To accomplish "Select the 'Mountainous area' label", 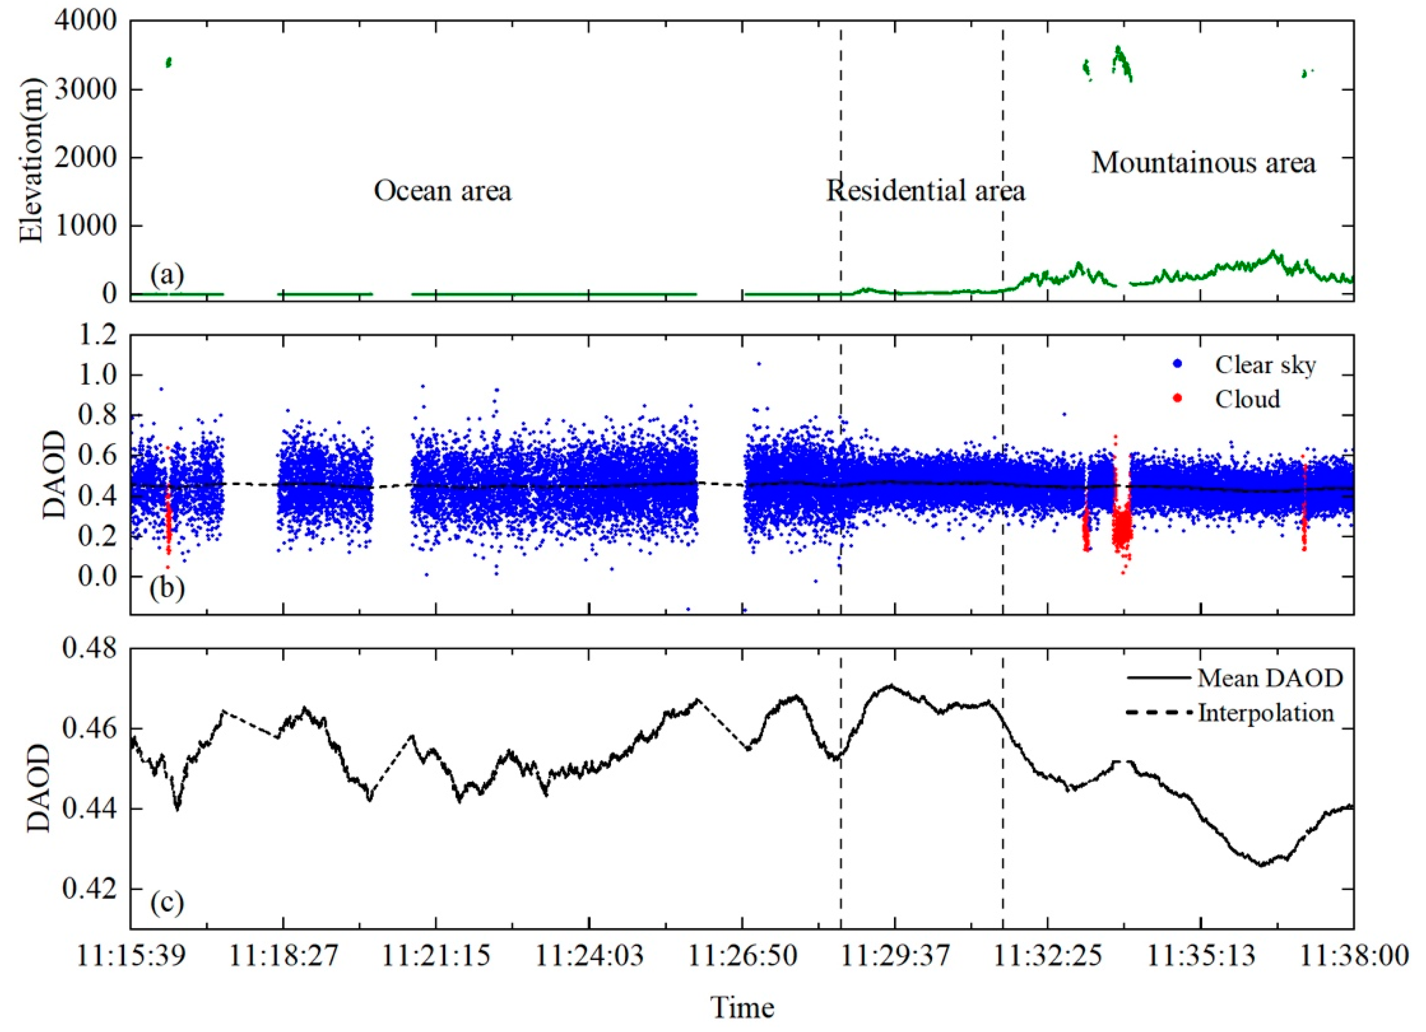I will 1203,163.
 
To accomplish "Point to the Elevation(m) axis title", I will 31,160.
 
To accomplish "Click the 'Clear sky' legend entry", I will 1264,365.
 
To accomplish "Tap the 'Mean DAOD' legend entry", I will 1270,678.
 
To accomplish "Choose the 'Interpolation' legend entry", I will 1266,713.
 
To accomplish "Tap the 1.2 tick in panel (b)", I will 98,335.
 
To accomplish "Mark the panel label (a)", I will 167,276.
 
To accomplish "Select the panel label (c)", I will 167,903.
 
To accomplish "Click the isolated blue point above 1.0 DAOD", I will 759,363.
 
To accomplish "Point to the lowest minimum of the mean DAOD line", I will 1261,865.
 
